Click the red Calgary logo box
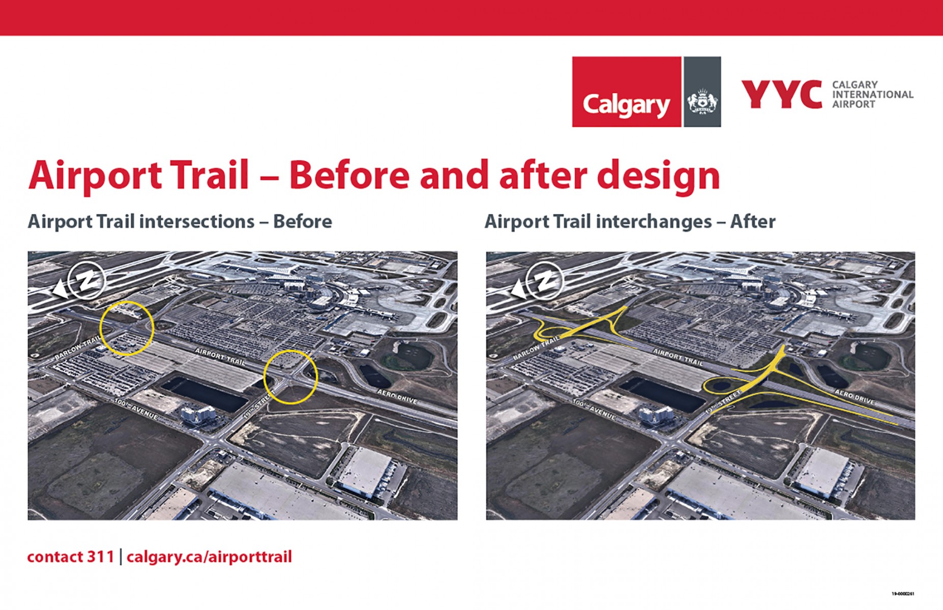click(x=626, y=92)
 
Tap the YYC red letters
click(x=781, y=94)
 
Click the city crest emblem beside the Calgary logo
click(x=702, y=102)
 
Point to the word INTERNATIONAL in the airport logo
click(x=873, y=95)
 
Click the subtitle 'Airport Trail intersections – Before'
click(x=180, y=222)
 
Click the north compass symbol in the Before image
click(x=86, y=280)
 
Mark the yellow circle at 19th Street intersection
click(x=290, y=377)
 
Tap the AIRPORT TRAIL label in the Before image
click(x=220, y=357)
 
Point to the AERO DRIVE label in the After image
click(x=854, y=397)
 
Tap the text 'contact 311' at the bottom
click(x=70, y=557)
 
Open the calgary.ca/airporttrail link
click(x=209, y=557)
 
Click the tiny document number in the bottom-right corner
click(x=903, y=594)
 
